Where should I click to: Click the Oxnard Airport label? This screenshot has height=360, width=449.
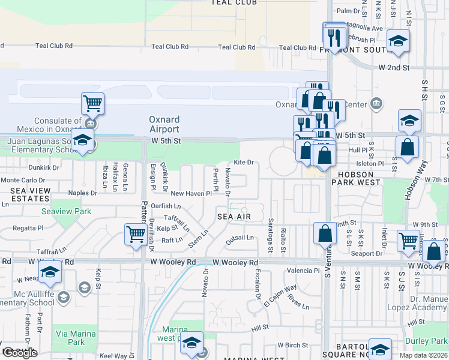coord(164,124)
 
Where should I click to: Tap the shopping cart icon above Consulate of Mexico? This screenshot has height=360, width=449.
coord(93,103)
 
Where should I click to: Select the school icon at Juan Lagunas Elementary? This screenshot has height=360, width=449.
coord(82,142)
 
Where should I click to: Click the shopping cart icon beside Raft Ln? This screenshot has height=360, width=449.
coord(136,234)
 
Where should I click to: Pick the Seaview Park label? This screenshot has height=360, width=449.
coord(66,211)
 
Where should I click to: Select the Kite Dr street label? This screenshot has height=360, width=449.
coord(244,162)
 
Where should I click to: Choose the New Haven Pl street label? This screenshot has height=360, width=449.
coord(191,193)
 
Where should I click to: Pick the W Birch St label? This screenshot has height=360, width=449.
coord(293,345)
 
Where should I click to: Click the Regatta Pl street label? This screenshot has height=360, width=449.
coord(24,228)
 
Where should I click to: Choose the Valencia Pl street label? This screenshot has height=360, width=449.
coord(303,271)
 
